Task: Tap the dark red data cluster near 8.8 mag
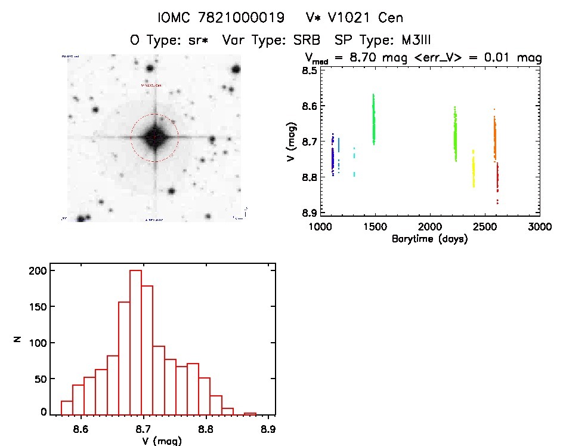pos(497,179)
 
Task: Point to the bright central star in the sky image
pos(154,137)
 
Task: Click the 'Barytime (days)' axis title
pos(429,239)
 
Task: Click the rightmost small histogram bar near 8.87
pos(250,413)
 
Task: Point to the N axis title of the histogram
pos(18,340)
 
